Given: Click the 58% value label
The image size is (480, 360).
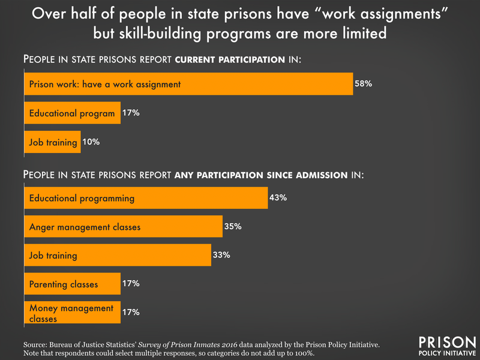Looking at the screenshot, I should click(x=364, y=84).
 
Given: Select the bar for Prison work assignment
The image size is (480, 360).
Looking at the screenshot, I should click(x=188, y=84).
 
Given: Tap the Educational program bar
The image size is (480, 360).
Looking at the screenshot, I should click(x=72, y=113).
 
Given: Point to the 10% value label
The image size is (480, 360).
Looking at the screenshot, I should click(x=91, y=142).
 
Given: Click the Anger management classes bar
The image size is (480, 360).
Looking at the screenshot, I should click(x=123, y=227).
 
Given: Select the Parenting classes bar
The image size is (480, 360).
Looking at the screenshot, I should click(x=72, y=284).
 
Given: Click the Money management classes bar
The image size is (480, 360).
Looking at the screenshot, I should click(x=72, y=313).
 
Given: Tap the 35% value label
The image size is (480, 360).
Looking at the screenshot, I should click(x=233, y=227).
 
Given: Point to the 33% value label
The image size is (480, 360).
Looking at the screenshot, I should click(x=221, y=255).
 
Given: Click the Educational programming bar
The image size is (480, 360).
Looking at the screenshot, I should click(x=146, y=197).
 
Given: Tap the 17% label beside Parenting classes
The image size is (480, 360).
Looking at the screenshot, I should click(x=131, y=284).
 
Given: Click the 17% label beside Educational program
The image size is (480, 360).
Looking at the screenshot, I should click(x=131, y=113).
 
